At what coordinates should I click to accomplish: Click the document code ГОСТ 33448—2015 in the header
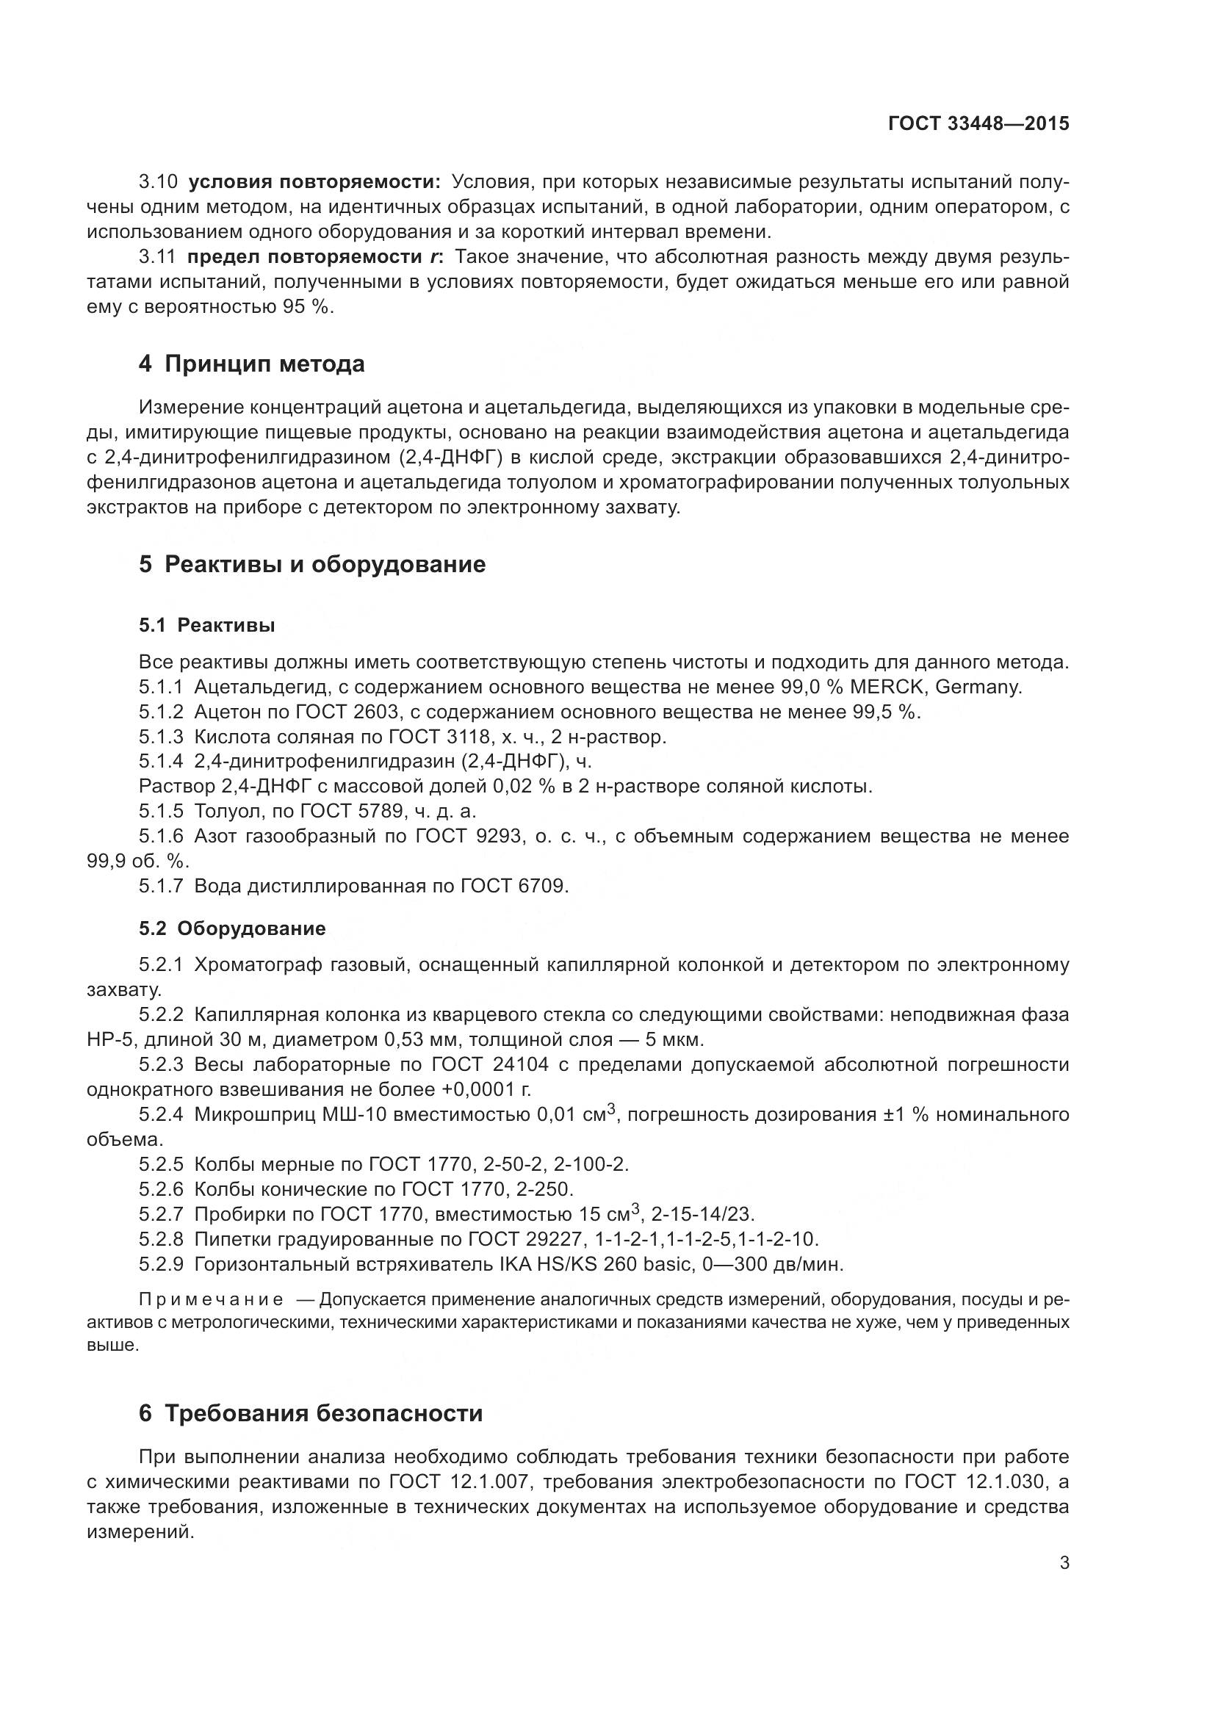[978, 123]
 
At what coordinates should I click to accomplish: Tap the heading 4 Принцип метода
[251, 364]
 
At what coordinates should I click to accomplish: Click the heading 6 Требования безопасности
[311, 1413]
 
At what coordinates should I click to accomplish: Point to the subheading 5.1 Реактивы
[206, 625]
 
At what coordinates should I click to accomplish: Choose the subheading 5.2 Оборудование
[232, 928]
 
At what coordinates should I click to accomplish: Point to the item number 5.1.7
[161, 886]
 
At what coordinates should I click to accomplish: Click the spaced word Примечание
[211, 1299]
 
